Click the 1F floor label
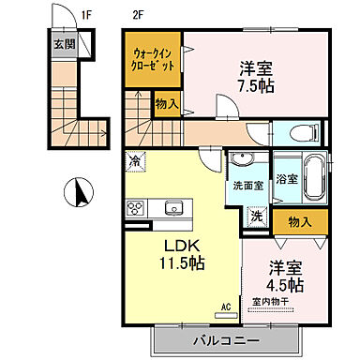coord(86,15)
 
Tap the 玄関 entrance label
coord(60,45)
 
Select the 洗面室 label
coord(247,186)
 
